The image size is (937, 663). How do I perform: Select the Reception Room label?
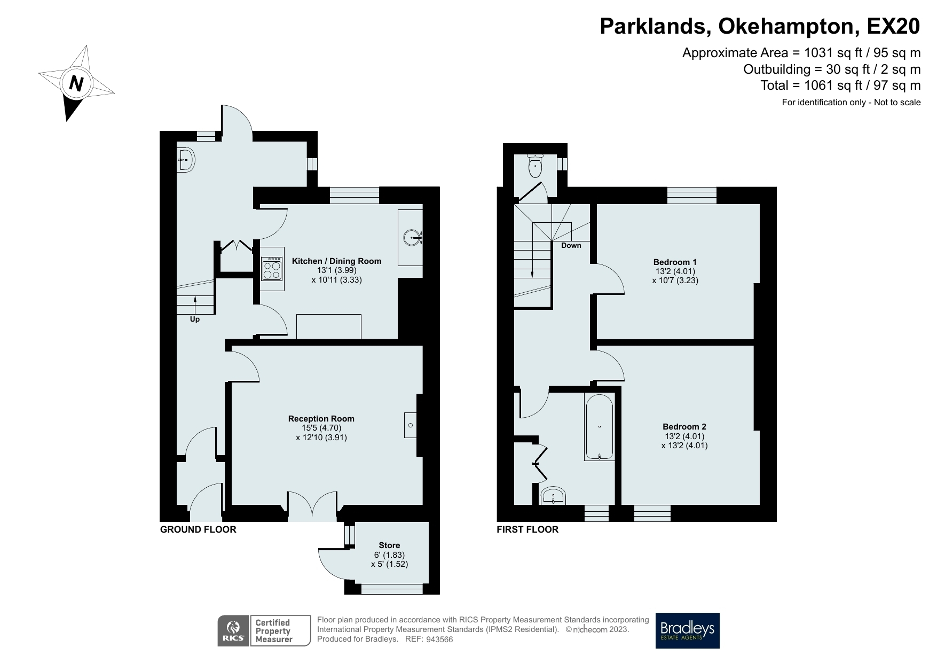[321, 419]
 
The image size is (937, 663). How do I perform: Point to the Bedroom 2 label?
[684, 427]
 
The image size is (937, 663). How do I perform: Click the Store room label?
[389, 545]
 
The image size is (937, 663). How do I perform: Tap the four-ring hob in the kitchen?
[272, 269]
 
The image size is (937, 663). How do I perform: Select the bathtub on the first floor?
[599, 427]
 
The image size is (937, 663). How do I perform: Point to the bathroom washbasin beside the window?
[553, 496]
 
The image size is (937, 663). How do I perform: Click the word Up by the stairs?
[195, 319]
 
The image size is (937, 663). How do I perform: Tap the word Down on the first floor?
[571, 246]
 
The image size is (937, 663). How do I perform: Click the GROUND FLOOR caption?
[198, 529]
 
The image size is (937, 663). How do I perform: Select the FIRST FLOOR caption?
[527, 529]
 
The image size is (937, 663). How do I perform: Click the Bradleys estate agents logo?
[688, 630]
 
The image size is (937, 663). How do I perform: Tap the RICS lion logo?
[233, 631]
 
